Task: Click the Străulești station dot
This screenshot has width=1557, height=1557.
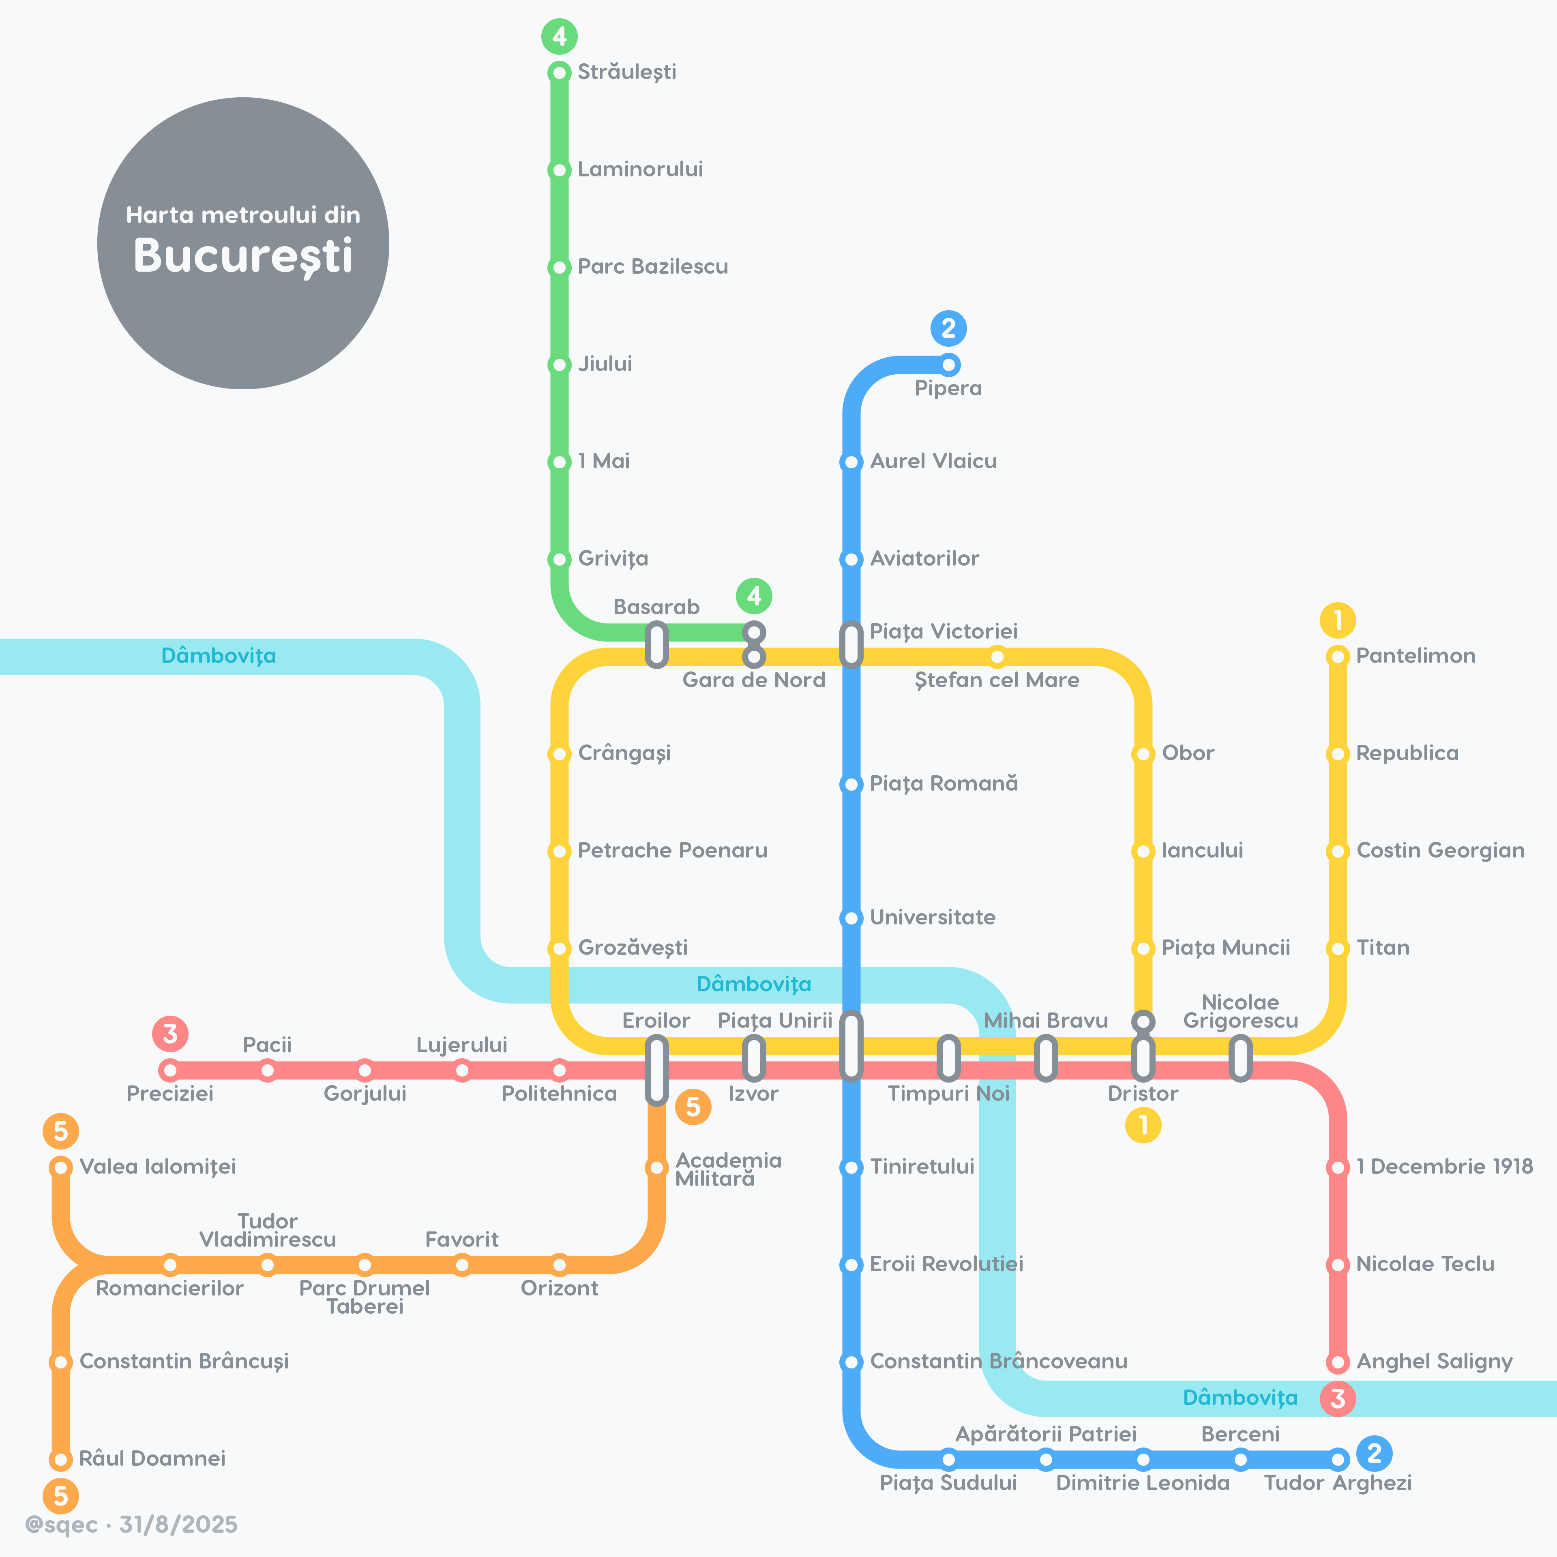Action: pos(559,73)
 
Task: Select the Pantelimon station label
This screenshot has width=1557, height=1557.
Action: pos(1416,656)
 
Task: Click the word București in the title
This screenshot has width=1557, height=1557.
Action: pos(243,256)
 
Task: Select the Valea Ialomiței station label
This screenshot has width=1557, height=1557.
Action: pos(158,1167)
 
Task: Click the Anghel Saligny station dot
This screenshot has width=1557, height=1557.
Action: pos(1338,1362)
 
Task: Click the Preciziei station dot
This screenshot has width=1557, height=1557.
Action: pos(170,1070)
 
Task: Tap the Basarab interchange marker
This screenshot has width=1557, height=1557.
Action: pos(657,645)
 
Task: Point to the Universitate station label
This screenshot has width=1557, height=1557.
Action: pos(933,917)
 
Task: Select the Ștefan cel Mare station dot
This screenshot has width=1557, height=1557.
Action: pos(997,656)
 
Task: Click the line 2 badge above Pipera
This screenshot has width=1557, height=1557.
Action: pos(948,328)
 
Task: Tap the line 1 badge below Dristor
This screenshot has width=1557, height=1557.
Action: pos(1143,1125)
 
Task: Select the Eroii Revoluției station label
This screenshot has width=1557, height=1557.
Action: pos(946,1264)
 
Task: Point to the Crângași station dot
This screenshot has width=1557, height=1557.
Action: pos(559,753)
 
